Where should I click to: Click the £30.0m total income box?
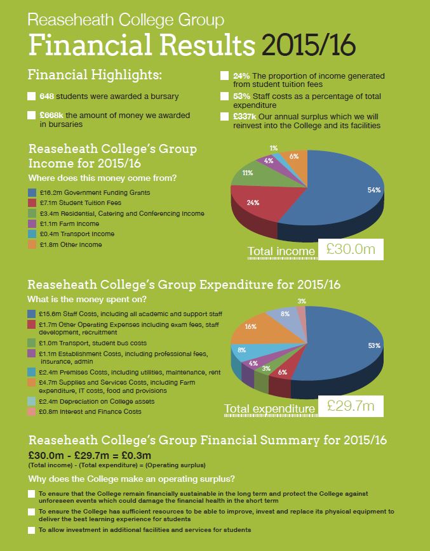(x=351, y=249)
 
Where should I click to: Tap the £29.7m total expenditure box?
(x=351, y=405)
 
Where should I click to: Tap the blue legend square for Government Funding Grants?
(x=32, y=192)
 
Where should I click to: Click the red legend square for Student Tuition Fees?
(x=32, y=202)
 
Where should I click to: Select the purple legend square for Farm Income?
(x=32, y=223)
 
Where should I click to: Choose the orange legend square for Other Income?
(x=32, y=244)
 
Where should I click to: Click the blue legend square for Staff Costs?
(x=32, y=314)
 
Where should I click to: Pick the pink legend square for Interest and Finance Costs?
(x=32, y=411)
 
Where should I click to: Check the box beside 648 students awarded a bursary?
(x=32, y=96)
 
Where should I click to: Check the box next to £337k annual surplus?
(x=224, y=117)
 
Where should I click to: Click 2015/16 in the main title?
(x=308, y=45)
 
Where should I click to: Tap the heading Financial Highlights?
(x=95, y=75)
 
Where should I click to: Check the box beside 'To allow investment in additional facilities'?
(x=32, y=530)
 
